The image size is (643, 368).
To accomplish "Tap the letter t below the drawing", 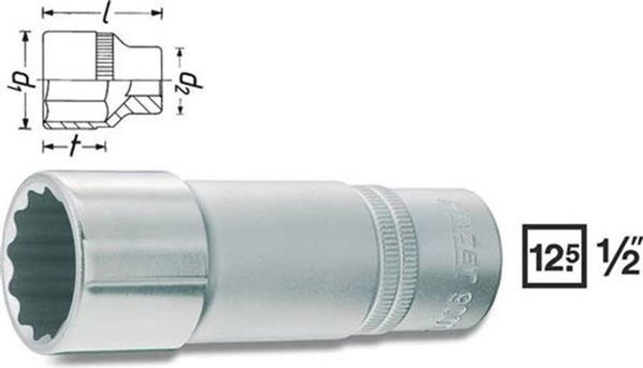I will pos(74,147).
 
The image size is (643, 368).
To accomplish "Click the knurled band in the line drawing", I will pos(105,56).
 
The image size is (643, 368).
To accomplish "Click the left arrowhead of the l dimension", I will pos(45,12).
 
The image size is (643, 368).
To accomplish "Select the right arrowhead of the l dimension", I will pos(159,12).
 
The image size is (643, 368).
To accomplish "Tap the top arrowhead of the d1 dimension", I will pos(26,35).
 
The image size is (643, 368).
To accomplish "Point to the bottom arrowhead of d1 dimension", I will pos(26,125).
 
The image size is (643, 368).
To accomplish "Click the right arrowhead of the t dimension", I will pos(103,147).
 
